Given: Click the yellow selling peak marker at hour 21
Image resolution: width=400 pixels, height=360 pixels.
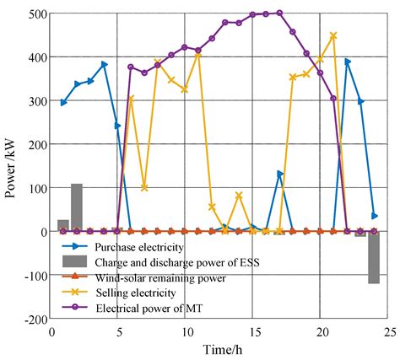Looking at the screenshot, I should coord(333,36).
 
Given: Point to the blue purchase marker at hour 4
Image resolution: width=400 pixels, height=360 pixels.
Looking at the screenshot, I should coord(104,64).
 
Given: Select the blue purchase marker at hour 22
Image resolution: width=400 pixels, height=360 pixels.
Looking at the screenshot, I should coord(347,62).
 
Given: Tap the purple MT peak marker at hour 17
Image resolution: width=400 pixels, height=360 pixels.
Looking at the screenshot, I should coord(279,13).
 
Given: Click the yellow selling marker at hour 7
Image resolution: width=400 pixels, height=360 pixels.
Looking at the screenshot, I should coord(144,187).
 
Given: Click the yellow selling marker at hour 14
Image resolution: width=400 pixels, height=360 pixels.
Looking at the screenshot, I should coord(239,196).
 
